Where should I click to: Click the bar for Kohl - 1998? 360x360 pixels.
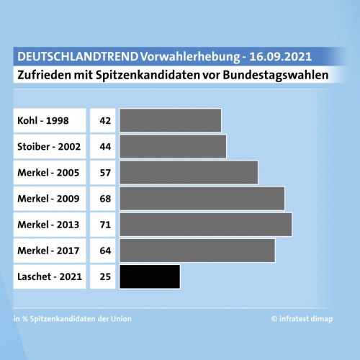(170, 120)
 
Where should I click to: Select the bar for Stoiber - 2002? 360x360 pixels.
(173, 146)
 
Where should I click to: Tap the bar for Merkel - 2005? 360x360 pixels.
(189, 172)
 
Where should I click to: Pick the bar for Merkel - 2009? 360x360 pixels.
(202, 198)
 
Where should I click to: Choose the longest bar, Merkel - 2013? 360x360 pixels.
(205, 224)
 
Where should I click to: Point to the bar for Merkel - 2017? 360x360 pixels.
(197, 250)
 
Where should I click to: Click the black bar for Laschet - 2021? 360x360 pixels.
(150, 276)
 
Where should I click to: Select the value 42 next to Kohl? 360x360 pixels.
(105, 120)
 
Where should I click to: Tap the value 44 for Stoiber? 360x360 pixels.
(105, 146)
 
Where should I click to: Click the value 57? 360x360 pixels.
(105, 172)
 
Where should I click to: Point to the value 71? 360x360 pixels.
(105, 224)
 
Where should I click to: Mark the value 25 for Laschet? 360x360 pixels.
(105, 276)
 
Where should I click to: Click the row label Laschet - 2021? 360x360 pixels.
(50, 276)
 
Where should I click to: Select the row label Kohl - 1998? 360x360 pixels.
(44, 120)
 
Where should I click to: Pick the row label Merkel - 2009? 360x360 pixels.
(49, 198)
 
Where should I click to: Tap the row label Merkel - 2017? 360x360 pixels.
(49, 250)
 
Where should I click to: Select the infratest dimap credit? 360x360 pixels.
(307, 318)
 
